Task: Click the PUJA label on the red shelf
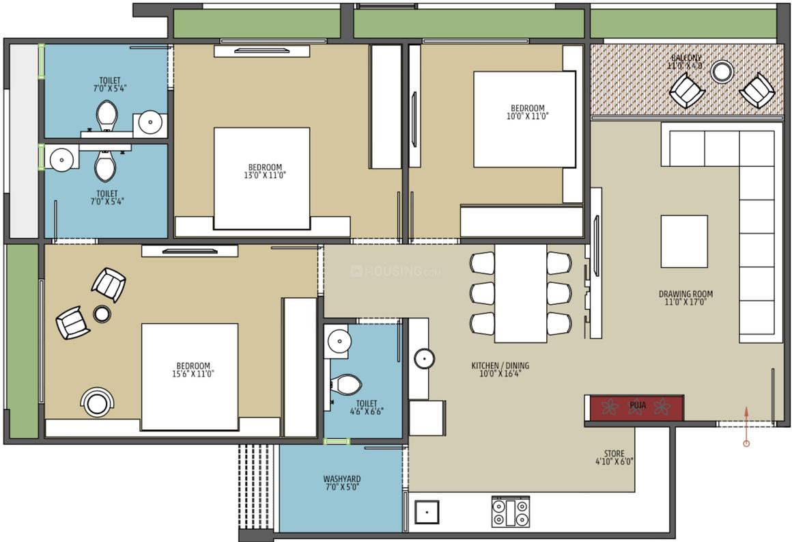[x=638, y=405]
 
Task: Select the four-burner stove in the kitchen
[x=510, y=512]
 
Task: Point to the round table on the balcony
[x=722, y=71]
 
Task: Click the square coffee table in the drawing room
[x=683, y=241]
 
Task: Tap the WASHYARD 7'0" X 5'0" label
[x=341, y=483]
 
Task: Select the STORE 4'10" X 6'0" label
[x=613, y=457]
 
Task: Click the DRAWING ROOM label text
[x=685, y=295]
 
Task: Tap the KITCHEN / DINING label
[x=500, y=366]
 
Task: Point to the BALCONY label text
[x=685, y=58]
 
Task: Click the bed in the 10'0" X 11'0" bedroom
[x=524, y=119]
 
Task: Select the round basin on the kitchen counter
[x=424, y=358]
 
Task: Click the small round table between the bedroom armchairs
[x=102, y=314]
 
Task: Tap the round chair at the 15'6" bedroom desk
[x=98, y=402]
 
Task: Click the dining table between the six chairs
[x=520, y=293]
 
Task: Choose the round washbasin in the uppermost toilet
[x=150, y=123]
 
